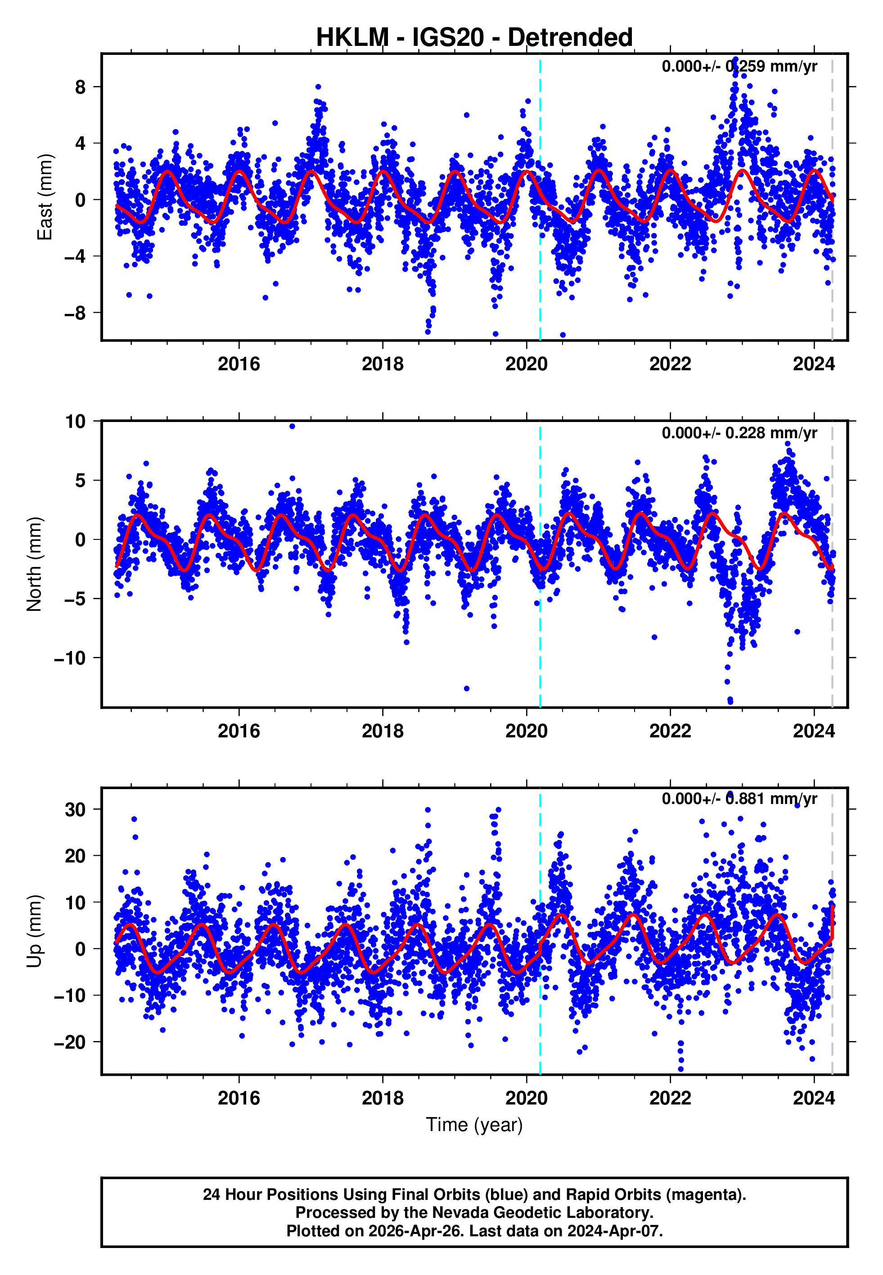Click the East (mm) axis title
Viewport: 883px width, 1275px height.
coord(44,197)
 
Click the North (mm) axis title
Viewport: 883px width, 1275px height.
coord(34,564)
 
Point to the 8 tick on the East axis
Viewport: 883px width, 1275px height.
coord(81,87)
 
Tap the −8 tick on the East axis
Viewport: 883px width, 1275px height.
coord(75,313)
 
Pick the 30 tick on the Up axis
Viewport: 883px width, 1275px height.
coord(75,809)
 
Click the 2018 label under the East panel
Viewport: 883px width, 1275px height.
coord(382,364)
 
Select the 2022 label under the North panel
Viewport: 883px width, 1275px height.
coord(670,731)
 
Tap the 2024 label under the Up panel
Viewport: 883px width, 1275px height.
coord(813,1098)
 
